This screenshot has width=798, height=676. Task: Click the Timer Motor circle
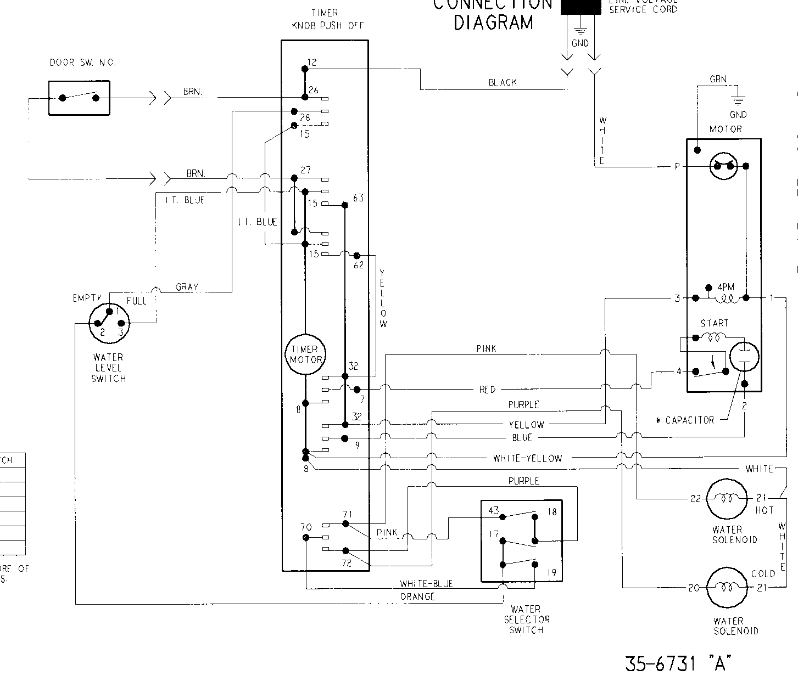pos(305,354)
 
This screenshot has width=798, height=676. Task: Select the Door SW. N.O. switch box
pos(79,98)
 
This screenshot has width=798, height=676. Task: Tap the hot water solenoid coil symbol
pos(727,498)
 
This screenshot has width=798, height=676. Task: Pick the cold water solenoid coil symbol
pos(727,587)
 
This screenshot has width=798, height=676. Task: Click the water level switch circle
pos(109,323)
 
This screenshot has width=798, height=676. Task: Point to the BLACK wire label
pos(503,82)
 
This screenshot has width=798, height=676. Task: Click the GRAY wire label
pos(187,287)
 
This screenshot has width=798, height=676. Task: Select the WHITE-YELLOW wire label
pos(527,458)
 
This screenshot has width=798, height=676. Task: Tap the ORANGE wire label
pos(418,596)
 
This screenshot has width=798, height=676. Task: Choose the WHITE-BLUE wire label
pos(426,584)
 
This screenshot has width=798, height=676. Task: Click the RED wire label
pos(487,390)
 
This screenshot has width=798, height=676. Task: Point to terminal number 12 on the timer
pos(311,63)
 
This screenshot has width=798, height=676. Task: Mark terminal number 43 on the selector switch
pos(493,511)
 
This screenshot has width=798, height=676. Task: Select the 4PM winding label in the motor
pos(726,288)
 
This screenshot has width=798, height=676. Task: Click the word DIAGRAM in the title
pos(493,22)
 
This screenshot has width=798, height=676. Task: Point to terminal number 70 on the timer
pos(305,527)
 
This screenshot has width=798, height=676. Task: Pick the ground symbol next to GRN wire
pos(738,101)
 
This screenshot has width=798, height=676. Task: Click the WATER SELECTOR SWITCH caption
pos(526,619)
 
